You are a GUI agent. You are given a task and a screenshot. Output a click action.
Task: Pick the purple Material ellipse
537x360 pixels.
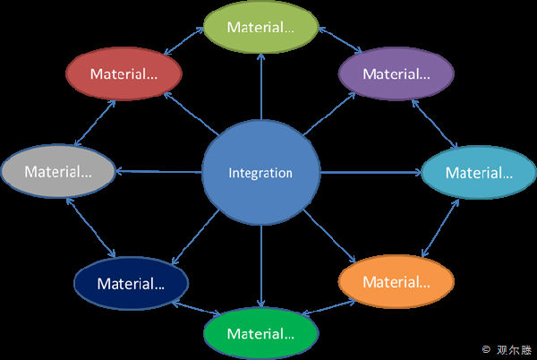pyautogui.click(x=396, y=73)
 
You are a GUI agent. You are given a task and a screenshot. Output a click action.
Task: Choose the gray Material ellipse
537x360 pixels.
pyautogui.click(x=58, y=170)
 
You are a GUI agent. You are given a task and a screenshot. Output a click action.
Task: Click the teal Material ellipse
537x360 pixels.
pyautogui.click(x=479, y=172)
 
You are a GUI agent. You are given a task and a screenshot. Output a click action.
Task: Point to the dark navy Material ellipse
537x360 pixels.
pyautogui.click(x=131, y=284)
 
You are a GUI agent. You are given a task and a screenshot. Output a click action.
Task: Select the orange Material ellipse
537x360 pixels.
pyautogui.click(x=396, y=282)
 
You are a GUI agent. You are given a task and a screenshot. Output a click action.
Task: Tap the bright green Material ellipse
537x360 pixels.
pyautogui.click(x=260, y=334)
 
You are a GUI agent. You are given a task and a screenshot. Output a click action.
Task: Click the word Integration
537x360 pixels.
pyautogui.click(x=260, y=173)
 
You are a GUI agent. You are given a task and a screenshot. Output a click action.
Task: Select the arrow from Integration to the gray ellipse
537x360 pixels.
pyautogui.click(x=158, y=171)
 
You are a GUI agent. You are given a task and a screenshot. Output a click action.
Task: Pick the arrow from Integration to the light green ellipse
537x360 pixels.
pyautogui.click(x=261, y=85)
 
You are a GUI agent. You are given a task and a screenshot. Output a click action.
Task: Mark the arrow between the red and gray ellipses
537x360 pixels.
pyautogui.click(x=94, y=122)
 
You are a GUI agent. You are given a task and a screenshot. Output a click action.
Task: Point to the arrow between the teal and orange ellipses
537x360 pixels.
pyautogui.click(x=440, y=228)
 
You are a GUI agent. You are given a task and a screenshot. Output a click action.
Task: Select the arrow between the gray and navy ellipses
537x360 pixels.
pyautogui.click(x=92, y=228)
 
